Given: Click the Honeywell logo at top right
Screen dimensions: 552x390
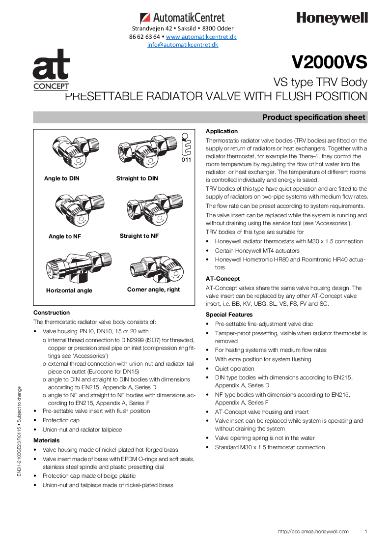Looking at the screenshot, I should [x=332, y=19].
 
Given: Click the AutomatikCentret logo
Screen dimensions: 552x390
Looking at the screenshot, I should [x=183, y=18].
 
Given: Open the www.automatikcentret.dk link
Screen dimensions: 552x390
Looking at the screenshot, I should [x=201, y=37].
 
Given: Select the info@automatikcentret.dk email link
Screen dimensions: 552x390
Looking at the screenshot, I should [x=183, y=45].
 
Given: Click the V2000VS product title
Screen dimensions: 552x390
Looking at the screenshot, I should [x=330, y=63].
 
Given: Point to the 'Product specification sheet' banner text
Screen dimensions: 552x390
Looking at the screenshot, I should [x=313, y=117].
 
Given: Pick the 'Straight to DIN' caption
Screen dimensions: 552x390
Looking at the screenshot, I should [x=137, y=178].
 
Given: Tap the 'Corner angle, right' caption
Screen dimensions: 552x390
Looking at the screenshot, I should [x=153, y=290].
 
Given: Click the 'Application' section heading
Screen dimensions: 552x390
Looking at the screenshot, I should [x=222, y=131].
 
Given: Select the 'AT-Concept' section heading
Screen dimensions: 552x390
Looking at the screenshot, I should [x=223, y=279].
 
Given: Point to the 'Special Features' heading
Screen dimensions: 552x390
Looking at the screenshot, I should [x=229, y=315].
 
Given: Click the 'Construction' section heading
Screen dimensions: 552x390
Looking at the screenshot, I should [x=52, y=313].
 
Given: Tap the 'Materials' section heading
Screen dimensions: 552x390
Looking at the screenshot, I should [x=46, y=440].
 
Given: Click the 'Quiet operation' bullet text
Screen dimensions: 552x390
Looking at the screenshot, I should [x=234, y=369].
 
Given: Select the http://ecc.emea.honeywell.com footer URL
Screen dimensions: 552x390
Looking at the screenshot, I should [x=313, y=531].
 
